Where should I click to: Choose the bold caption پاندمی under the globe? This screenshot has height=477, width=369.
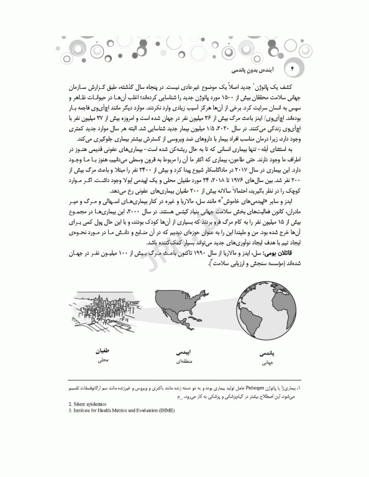click(x=265, y=352)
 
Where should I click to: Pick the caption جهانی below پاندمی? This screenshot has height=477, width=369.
click(x=265, y=362)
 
